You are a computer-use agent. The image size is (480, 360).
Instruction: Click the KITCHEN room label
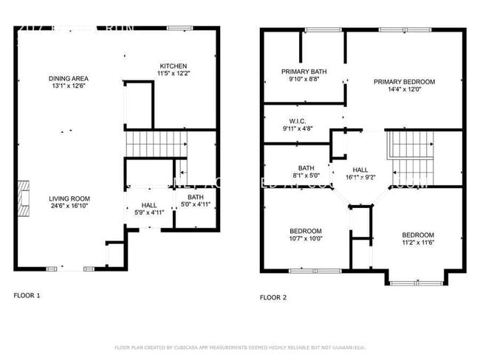click(173, 66)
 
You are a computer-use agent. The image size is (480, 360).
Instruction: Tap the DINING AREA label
click(69, 78)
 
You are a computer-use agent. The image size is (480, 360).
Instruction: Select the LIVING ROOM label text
click(69, 198)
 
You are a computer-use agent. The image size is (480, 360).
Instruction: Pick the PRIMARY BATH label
click(304, 72)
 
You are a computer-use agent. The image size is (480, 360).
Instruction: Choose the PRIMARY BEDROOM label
click(404, 82)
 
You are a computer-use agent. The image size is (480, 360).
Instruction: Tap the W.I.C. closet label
click(298, 121)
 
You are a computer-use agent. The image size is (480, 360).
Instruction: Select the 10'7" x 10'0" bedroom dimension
click(305, 239)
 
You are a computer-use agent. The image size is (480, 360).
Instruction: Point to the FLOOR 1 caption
click(27, 295)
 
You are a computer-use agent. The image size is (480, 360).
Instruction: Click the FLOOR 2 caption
click(272, 297)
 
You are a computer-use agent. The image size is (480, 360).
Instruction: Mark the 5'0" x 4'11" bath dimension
click(196, 204)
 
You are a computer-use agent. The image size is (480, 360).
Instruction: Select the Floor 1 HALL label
click(149, 205)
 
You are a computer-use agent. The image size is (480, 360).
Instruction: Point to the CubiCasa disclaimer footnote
click(240, 347)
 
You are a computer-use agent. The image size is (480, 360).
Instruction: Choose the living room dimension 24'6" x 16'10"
click(69, 207)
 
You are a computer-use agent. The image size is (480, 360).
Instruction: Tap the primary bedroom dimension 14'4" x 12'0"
click(404, 90)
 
